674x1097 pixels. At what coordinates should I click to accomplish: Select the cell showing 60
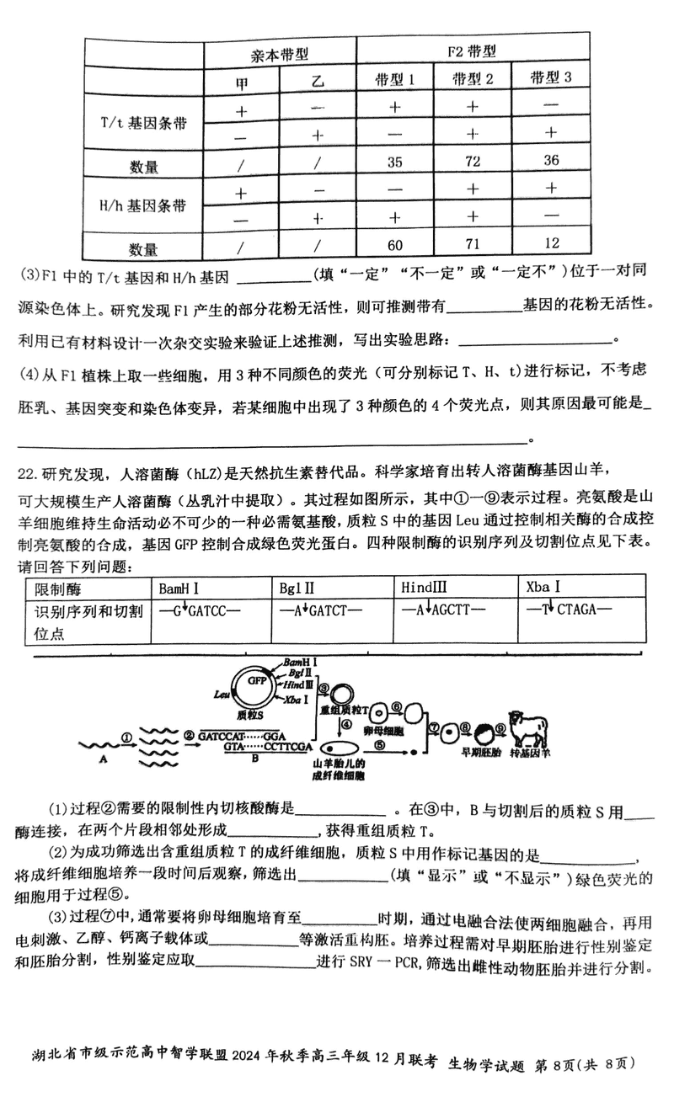tap(394, 245)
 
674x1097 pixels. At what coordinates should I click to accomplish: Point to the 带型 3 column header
tap(551, 77)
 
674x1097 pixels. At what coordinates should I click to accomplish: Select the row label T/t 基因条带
tap(142, 123)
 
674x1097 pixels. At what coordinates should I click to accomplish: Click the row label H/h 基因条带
tap(142, 205)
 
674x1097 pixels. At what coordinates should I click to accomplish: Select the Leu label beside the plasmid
tap(222, 695)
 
